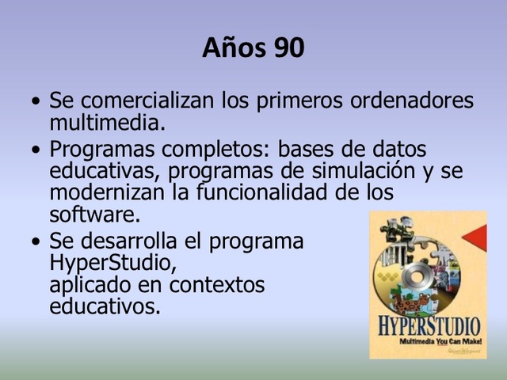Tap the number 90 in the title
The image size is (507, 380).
click(289, 48)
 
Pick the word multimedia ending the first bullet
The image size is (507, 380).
click(107, 123)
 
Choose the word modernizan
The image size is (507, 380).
click(108, 192)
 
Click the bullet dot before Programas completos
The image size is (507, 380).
click(36, 150)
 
